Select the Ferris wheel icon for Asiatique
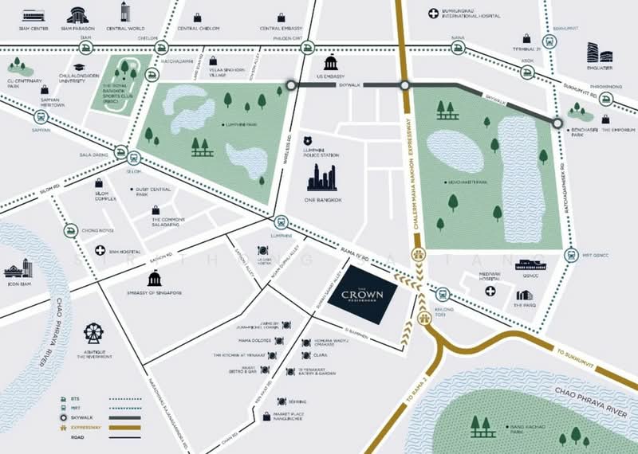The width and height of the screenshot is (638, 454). pos(93,333)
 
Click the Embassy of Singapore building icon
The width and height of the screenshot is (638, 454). pos(155,278)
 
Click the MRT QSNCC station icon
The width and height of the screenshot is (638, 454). pos(569,256)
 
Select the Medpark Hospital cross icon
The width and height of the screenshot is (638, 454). pos(490,292)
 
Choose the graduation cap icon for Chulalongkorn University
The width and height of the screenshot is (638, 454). pos(80,68)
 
